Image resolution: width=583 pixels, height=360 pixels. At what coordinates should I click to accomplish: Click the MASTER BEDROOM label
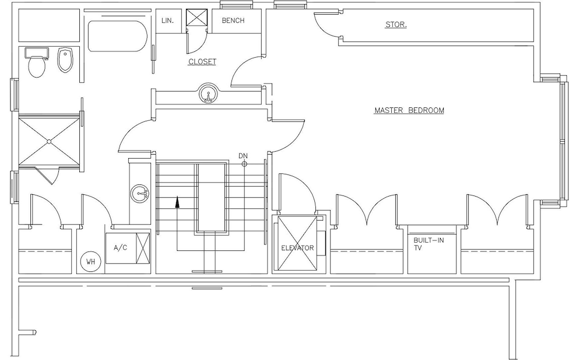(409, 110)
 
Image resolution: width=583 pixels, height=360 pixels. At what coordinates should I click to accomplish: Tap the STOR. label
(396, 25)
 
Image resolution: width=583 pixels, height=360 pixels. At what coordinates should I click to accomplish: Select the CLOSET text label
(202, 62)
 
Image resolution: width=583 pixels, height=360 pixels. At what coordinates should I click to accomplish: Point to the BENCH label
(233, 20)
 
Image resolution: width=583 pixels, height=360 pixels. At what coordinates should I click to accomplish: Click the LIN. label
(168, 20)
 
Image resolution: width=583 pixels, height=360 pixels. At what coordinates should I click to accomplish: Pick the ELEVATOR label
(297, 248)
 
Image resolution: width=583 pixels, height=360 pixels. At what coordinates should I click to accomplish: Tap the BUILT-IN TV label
(429, 244)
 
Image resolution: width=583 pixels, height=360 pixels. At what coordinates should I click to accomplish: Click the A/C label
(120, 247)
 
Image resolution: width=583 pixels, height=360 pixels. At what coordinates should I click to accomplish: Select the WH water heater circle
(91, 261)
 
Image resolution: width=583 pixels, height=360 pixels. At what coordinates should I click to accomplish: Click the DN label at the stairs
(243, 156)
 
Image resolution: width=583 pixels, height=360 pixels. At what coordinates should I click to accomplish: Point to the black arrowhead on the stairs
(177, 202)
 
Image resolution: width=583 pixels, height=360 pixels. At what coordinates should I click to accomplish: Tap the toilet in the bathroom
(36, 62)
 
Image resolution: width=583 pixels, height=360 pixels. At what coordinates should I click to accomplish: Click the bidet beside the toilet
(65, 60)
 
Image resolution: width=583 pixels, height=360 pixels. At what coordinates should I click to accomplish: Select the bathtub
(118, 36)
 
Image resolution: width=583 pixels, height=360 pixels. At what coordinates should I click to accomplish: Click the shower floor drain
(49, 141)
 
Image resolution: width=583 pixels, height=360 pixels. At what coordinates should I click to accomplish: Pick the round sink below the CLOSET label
(208, 93)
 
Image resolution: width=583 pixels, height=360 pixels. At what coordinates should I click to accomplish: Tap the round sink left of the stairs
(140, 193)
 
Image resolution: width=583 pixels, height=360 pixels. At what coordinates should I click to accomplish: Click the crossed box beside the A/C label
(143, 249)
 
